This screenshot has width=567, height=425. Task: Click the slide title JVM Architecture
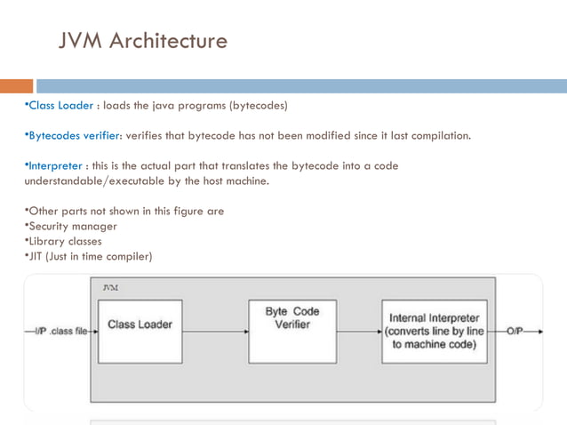click(x=142, y=41)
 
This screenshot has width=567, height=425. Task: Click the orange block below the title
click(x=16, y=86)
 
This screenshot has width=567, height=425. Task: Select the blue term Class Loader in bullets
click(x=60, y=106)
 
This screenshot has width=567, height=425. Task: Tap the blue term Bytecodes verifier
click(x=76, y=137)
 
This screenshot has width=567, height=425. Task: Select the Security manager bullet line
click(x=71, y=227)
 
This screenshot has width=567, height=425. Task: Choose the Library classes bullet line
click(x=63, y=241)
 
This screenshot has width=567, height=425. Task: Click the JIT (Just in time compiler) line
click(x=88, y=257)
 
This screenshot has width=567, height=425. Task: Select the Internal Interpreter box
click(x=434, y=332)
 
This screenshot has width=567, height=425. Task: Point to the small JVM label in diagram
click(x=110, y=288)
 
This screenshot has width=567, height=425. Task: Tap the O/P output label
click(x=515, y=332)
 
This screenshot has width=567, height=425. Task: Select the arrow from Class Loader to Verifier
click(x=215, y=332)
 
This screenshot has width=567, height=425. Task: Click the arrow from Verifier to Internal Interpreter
click(x=359, y=332)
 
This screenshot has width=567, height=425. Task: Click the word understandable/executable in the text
click(x=98, y=181)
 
